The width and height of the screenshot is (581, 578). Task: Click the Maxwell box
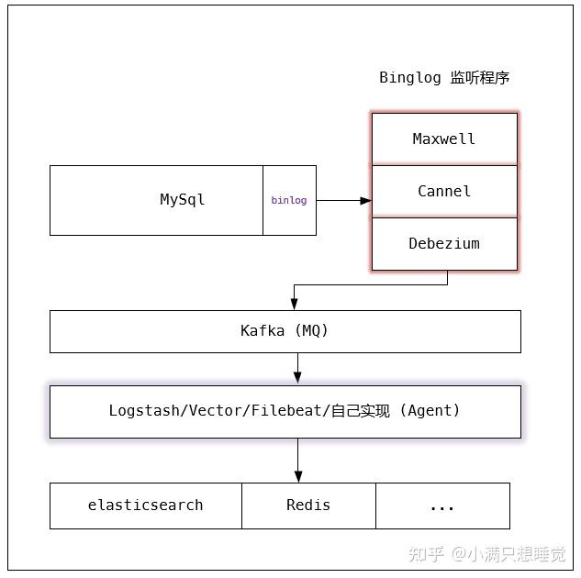click(444, 139)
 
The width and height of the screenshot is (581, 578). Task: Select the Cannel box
click(444, 191)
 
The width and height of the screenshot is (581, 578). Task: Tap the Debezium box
click(444, 244)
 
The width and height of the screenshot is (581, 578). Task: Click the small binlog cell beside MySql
click(289, 200)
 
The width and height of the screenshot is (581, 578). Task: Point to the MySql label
click(183, 199)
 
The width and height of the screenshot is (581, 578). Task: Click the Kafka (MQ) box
click(285, 331)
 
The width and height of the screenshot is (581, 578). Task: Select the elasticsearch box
click(146, 506)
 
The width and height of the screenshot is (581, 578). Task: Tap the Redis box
click(308, 506)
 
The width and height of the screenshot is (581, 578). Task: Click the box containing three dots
click(442, 506)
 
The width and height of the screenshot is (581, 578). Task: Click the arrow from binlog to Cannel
click(343, 200)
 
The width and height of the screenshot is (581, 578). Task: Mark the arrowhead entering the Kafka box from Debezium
click(294, 304)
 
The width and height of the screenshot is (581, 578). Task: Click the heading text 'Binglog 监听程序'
click(444, 78)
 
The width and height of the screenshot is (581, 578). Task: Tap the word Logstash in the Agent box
click(145, 411)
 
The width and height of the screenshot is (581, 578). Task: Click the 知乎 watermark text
click(426, 554)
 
